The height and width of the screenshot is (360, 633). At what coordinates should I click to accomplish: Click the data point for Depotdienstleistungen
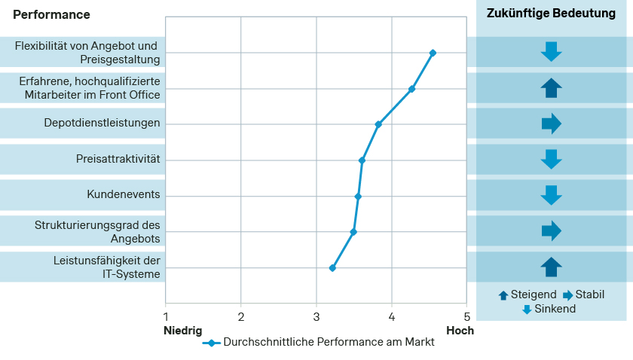[x=378, y=124]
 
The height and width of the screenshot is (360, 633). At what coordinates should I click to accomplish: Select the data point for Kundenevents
[x=358, y=197]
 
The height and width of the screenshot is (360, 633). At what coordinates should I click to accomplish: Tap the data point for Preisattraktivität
[x=362, y=160]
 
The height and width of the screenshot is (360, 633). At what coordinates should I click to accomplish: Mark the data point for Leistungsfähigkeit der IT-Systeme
[x=332, y=268]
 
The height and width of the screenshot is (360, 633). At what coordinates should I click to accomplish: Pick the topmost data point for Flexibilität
[x=433, y=53]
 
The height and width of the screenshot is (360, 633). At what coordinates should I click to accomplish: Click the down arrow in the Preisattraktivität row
[x=552, y=160]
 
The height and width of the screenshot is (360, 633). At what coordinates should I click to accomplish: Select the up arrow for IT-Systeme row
[x=552, y=267]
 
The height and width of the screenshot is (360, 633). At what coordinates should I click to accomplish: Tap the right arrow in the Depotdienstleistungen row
[x=552, y=124]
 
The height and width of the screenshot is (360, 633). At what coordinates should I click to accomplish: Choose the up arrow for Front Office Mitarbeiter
[x=552, y=88]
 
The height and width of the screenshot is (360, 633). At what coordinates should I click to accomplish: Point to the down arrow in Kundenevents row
[x=552, y=195]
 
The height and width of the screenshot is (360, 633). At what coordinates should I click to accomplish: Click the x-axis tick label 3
[x=316, y=317]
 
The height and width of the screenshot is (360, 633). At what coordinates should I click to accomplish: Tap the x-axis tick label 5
[x=466, y=317]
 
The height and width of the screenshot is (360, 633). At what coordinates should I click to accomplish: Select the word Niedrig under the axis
[x=182, y=330]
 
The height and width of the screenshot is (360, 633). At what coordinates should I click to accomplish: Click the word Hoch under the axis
[x=460, y=330]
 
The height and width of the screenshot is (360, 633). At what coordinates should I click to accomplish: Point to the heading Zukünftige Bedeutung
[x=552, y=14]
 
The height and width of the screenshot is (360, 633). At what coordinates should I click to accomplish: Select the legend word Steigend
[x=534, y=294]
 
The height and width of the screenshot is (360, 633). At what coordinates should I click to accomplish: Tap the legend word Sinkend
[x=555, y=309]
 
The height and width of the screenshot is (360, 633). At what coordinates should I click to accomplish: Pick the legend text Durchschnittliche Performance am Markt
[x=329, y=342]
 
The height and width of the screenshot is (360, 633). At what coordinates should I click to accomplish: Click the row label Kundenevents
[x=124, y=195]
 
